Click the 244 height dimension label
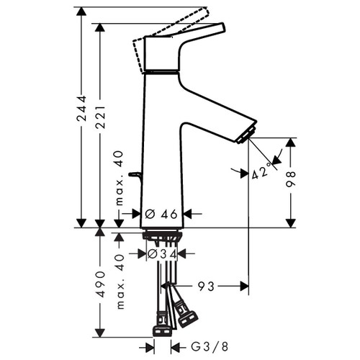click(x=83, y=109)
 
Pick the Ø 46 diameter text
click(x=161, y=213)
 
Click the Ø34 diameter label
click(x=162, y=254)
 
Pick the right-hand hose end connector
click(x=189, y=315)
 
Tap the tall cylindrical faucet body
click(x=162, y=151)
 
